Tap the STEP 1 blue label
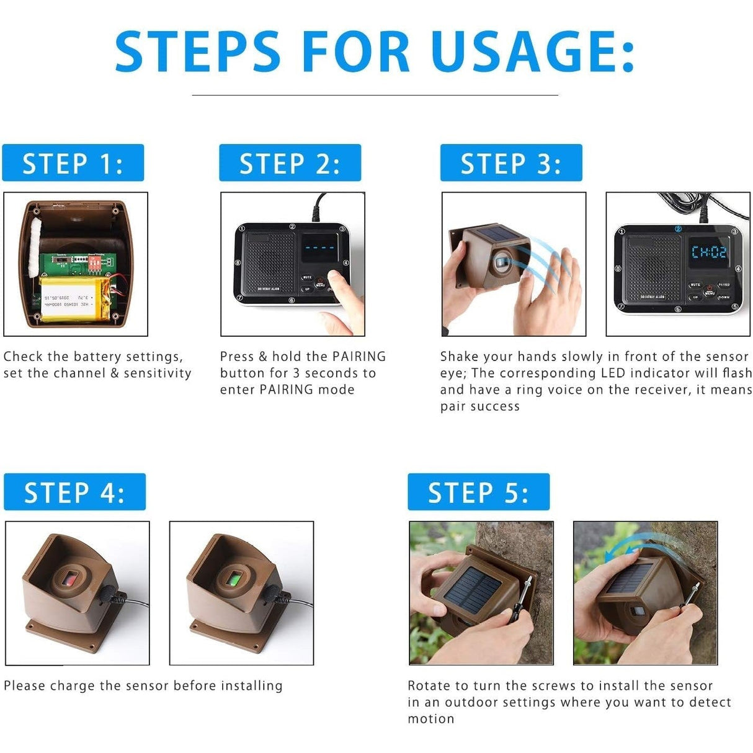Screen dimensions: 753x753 (73, 163)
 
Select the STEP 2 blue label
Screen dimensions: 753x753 (290, 163)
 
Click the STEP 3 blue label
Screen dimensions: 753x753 (511, 163)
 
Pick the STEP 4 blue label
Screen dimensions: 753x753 (74, 492)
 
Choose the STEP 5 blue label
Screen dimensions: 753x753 (478, 492)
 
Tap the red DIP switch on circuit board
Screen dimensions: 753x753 (95, 263)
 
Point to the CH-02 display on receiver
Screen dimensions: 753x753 (708, 252)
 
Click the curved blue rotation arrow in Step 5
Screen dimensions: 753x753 (626, 546)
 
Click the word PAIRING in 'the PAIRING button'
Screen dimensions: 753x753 (359, 357)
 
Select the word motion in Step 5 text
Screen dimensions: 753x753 (430, 719)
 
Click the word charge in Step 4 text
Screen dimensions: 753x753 (73, 686)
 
